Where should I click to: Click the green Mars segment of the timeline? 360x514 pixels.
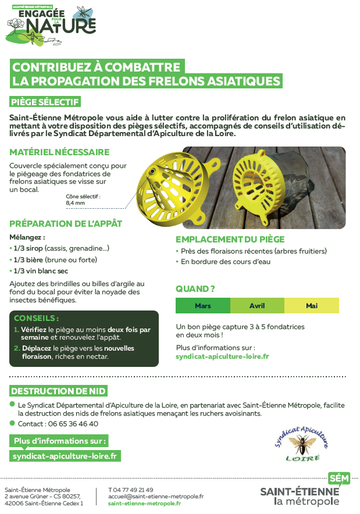click(203, 305)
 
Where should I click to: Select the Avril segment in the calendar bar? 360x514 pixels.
click(257, 305)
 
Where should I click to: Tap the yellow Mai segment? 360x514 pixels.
click(312, 305)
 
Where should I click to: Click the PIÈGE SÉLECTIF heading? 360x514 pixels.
click(45, 102)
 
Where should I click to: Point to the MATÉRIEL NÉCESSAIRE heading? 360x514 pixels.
click(59, 152)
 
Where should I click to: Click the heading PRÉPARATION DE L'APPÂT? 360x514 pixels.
click(66, 223)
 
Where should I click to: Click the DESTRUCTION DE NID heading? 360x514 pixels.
click(58, 391)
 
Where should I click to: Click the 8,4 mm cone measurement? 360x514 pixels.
click(75, 204)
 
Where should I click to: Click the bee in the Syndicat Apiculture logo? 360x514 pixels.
click(303, 445)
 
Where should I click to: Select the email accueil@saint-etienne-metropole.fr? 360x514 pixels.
click(156, 497)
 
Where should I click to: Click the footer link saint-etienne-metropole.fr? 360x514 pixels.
click(144, 504)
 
